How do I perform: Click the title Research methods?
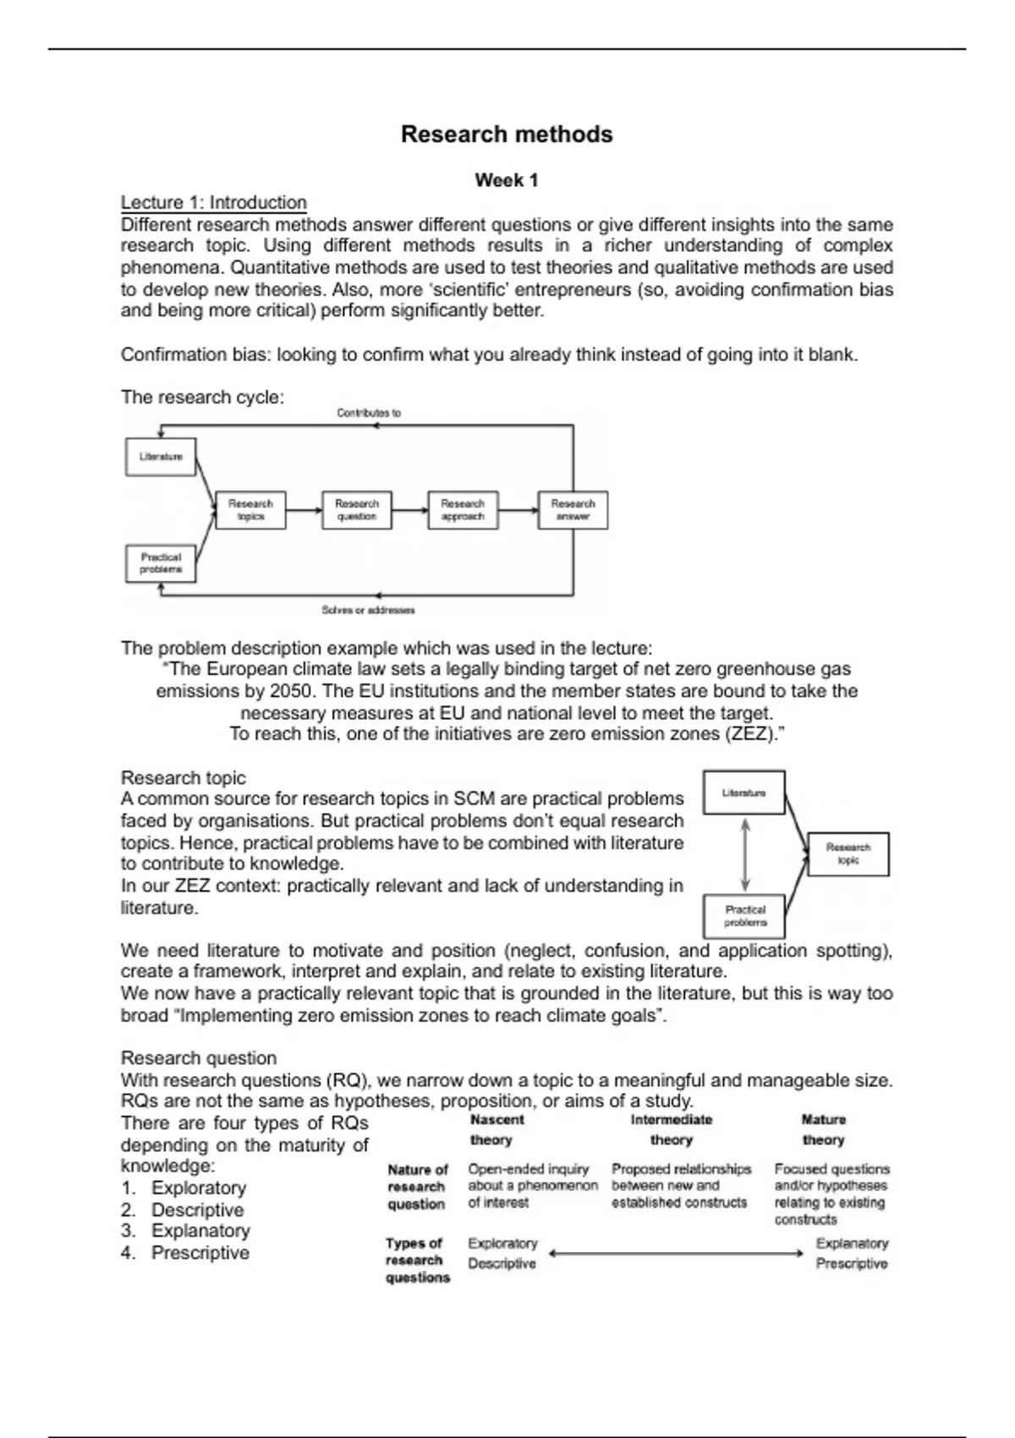point(507,134)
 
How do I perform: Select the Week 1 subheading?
point(507,180)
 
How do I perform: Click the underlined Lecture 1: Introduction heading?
point(214,202)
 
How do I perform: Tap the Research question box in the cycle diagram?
point(357,510)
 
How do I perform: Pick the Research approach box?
point(463,510)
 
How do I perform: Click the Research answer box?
point(573,510)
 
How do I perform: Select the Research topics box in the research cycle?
point(250,510)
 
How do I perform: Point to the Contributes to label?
point(369,413)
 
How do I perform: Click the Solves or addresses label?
point(368,610)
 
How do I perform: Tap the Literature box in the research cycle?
point(161,457)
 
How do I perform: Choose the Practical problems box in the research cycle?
point(161,563)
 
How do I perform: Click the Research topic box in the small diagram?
point(848,853)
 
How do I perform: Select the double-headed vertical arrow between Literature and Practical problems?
point(744,854)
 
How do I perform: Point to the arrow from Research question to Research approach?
point(410,510)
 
